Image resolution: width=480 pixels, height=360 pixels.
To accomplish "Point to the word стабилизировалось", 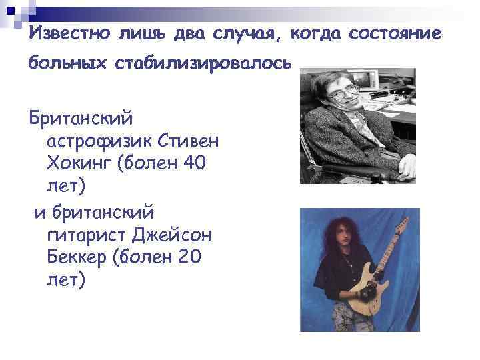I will (x=203, y=65).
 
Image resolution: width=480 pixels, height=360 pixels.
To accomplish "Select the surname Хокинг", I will (x=77, y=162).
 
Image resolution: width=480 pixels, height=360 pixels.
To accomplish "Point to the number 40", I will (x=191, y=162).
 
